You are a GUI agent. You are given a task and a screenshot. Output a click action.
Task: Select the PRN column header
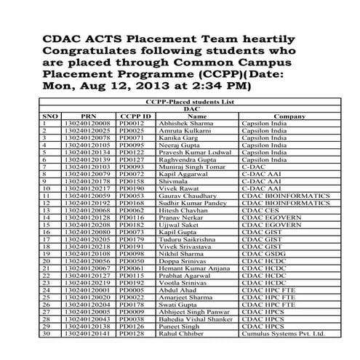pyautogui.click(x=88, y=116)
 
